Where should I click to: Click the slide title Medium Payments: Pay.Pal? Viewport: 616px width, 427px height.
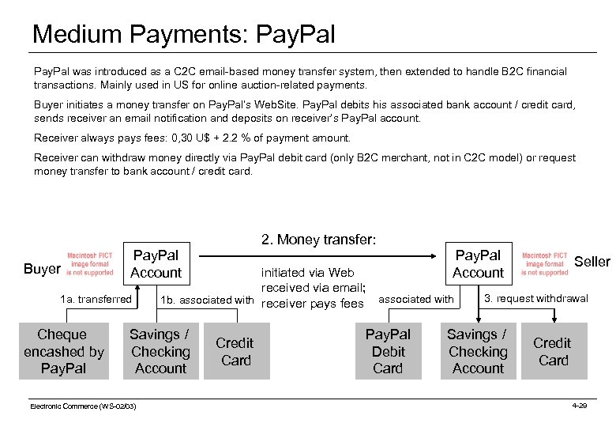pyautogui.click(x=183, y=34)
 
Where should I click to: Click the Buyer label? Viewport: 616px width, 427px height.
pyautogui.click(x=42, y=270)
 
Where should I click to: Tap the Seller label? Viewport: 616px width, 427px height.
pyautogui.click(x=592, y=262)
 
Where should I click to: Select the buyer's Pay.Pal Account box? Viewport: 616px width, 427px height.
pyautogui.click(x=156, y=264)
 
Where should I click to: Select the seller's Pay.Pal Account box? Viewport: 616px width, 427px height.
pyautogui.click(x=478, y=264)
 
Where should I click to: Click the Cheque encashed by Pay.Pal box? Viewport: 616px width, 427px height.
pyautogui.click(x=64, y=351)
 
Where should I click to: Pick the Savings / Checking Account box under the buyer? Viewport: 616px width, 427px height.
pyautogui.click(x=160, y=351)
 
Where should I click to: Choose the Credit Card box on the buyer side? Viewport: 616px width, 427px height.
pyautogui.click(x=235, y=351)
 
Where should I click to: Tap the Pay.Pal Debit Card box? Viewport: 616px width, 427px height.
pyautogui.click(x=388, y=351)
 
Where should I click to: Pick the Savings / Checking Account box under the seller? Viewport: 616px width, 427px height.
pyautogui.click(x=478, y=351)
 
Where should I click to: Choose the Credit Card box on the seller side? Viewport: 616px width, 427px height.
pyautogui.click(x=552, y=351)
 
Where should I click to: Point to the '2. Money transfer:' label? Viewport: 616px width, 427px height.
pyautogui.click(x=318, y=239)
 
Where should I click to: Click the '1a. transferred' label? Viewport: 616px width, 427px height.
pyautogui.click(x=96, y=299)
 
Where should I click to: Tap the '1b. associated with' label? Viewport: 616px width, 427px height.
pyautogui.click(x=206, y=300)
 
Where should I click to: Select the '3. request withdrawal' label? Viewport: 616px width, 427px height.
pyautogui.click(x=535, y=298)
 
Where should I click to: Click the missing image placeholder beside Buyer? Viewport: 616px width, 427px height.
pyautogui.click(x=89, y=264)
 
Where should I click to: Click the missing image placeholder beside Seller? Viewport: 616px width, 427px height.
pyautogui.click(x=544, y=264)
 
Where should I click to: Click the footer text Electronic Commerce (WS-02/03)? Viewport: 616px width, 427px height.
pyautogui.click(x=83, y=406)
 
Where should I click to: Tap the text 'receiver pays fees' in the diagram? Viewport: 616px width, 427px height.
pyautogui.click(x=312, y=303)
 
